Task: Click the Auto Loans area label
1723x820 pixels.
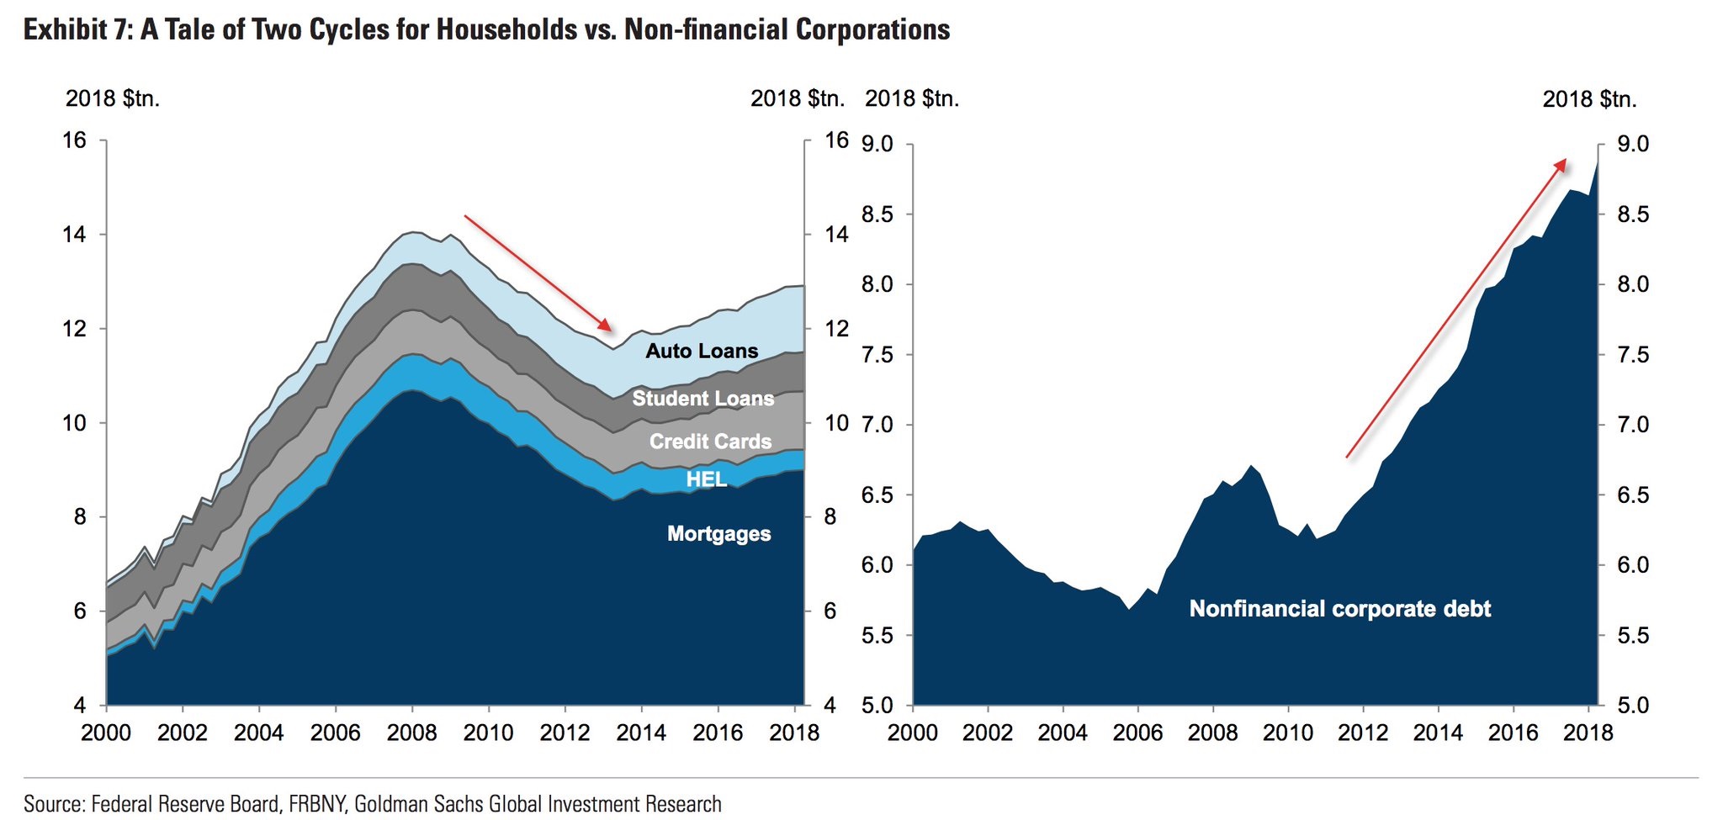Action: click(x=702, y=351)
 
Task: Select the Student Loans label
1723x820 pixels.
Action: click(x=702, y=398)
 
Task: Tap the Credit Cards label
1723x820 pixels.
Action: click(x=710, y=442)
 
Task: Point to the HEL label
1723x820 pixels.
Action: click(x=707, y=479)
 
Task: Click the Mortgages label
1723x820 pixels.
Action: click(x=718, y=533)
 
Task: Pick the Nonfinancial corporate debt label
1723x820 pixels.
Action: click(x=1339, y=608)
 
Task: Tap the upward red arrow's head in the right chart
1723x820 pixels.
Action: click(x=1561, y=164)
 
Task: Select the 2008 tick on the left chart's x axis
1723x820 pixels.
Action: click(x=411, y=733)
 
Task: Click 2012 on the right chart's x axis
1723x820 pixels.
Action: click(x=1363, y=733)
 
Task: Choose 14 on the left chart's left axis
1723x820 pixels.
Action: click(x=75, y=234)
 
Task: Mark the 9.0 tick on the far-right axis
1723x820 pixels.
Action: click(x=1632, y=145)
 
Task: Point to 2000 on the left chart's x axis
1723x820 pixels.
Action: click(x=106, y=733)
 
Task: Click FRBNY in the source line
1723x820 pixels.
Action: click(x=317, y=804)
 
